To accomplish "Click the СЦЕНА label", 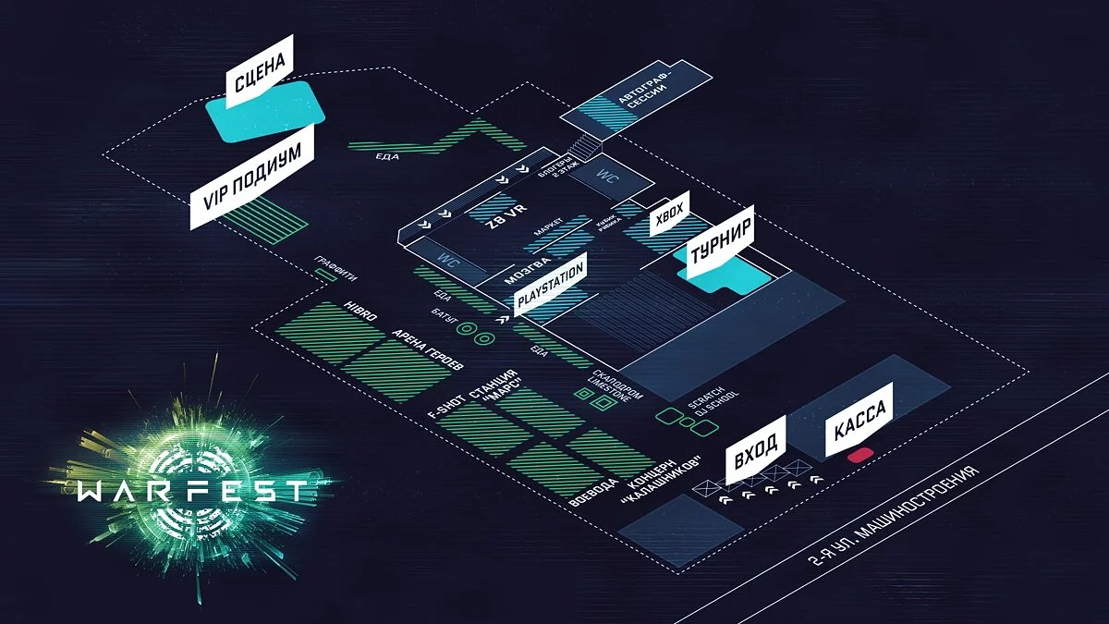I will [x=260, y=72].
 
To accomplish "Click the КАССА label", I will [x=859, y=420].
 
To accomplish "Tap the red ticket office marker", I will [x=859, y=455].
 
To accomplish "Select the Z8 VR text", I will [x=506, y=223].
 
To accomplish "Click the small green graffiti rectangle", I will [x=325, y=275].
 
